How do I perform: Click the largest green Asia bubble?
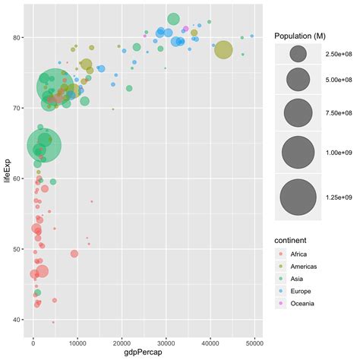coord(53,86)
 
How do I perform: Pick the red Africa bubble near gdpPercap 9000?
coord(74,254)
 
